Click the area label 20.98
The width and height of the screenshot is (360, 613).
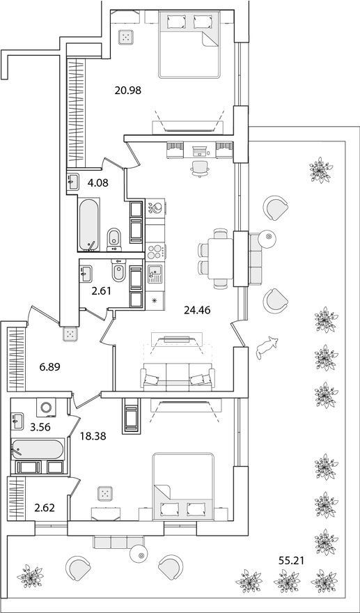[x=128, y=91]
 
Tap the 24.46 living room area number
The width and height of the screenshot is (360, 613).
[x=197, y=311]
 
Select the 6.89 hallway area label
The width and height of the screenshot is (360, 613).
[x=49, y=367]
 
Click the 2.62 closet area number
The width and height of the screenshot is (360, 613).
[x=45, y=508]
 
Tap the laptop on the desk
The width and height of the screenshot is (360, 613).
[x=201, y=150]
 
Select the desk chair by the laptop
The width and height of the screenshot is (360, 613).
[x=200, y=169]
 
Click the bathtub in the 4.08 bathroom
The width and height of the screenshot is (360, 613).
[x=88, y=224]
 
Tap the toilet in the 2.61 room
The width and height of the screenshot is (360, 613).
[x=118, y=270]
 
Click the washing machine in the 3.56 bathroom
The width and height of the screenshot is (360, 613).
[x=46, y=408]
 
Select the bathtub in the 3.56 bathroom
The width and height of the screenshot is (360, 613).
[x=38, y=449]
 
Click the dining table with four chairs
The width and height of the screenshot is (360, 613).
[x=220, y=258]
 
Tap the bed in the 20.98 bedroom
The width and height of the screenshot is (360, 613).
[x=189, y=44]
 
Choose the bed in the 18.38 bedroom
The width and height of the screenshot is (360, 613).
[x=183, y=486]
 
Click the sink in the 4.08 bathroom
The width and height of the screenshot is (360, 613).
[x=72, y=182]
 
